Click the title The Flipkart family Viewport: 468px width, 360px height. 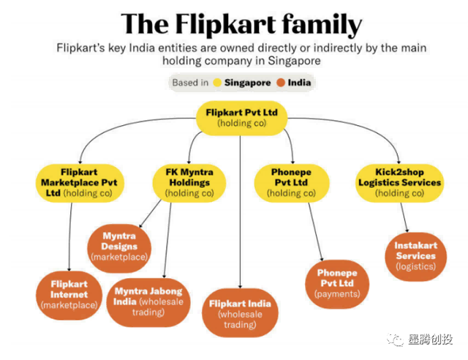[x=242, y=23]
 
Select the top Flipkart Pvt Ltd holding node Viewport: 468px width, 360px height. [x=242, y=118]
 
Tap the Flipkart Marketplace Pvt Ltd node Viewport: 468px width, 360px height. [x=69, y=182]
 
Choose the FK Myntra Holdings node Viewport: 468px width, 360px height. [x=189, y=182]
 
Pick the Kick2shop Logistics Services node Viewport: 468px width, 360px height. [x=399, y=182]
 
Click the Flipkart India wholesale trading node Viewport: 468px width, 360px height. [x=240, y=313]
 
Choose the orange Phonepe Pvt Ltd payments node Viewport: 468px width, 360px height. [x=336, y=282]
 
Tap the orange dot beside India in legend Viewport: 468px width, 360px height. [x=281, y=83]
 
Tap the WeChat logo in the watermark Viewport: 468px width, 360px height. [x=395, y=340]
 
